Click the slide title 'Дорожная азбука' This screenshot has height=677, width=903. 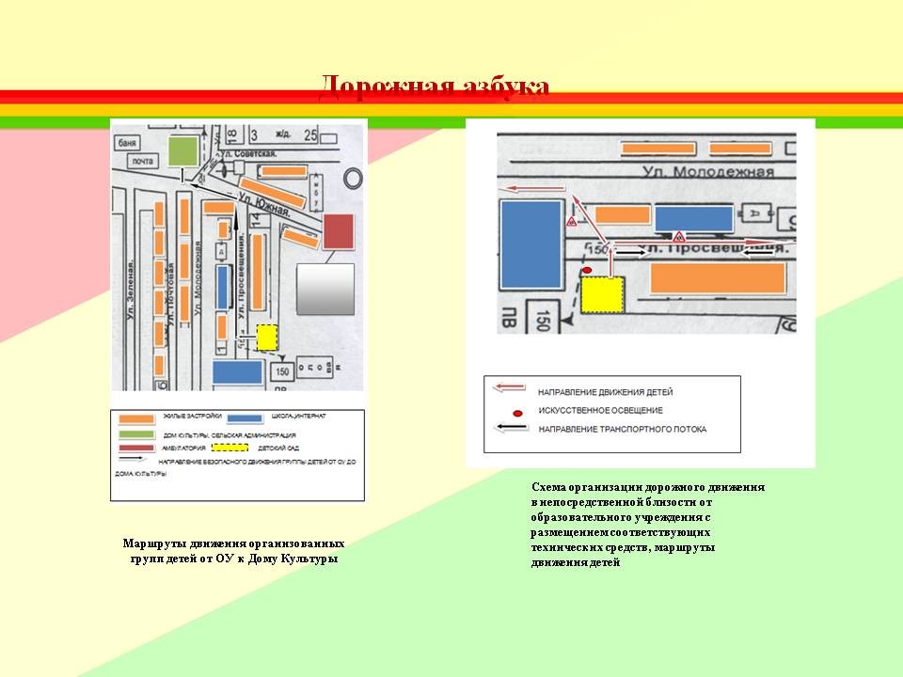pos(434,87)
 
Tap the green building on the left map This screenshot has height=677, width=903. pos(184,151)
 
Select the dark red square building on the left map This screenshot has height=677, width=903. pos(338,231)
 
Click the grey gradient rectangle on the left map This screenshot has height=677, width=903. pos(325,289)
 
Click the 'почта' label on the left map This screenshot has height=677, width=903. pos(141,161)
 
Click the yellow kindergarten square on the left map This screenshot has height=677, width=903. pos(267,338)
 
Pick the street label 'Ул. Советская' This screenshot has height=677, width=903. pos(248,153)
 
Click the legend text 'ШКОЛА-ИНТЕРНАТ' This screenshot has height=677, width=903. pos(296,415)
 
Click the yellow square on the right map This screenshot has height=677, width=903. pos(603,295)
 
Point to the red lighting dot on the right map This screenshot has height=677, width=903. pos(588,271)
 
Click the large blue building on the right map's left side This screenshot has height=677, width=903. pos(530,244)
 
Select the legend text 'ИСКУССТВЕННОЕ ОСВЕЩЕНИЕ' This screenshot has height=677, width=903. pos(600,410)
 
